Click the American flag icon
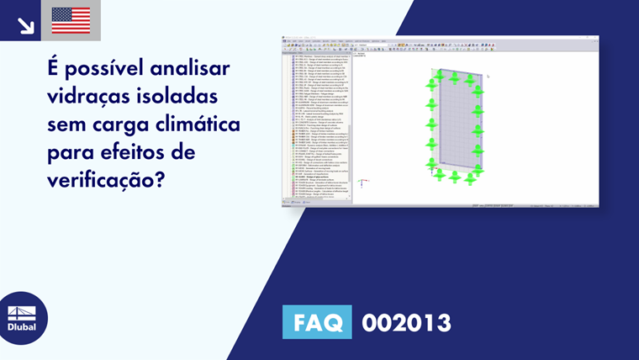coord(71,20)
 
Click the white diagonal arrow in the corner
coord(25,24)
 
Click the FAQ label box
coord(317,323)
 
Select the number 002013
coord(406,323)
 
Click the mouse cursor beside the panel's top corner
coord(488,76)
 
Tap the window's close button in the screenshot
coord(595,38)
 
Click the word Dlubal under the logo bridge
coord(22,326)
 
